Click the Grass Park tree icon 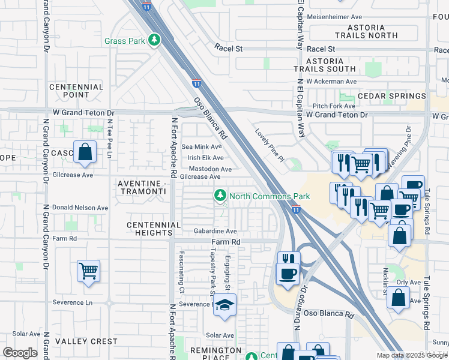[x=155, y=40]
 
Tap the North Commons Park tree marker [x=220, y=196]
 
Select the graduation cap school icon [x=225, y=305]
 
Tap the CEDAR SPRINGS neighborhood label [x=391, y=96]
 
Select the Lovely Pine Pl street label [x=268, y=145]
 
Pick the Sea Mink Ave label [x=202, y=146]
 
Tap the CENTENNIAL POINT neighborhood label [x=76, y=91]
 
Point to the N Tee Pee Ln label [x=109, y=139]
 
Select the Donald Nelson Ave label [x=80, y=208]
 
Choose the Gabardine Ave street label [x=214, y=231]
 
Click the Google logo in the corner [x=20, y=353]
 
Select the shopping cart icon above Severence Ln [x=88, y=271]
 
